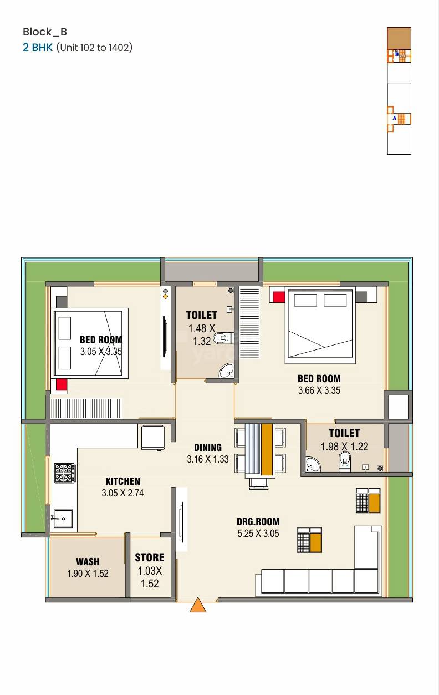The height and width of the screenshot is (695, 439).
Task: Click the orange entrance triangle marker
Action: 198,605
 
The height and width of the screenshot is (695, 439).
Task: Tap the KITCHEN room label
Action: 122,481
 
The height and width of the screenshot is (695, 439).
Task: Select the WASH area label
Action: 88,562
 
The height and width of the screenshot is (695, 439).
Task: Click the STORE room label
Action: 150,557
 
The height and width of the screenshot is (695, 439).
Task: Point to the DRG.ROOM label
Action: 258,521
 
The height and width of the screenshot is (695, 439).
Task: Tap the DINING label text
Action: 208,447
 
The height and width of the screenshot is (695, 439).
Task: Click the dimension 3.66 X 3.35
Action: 319,390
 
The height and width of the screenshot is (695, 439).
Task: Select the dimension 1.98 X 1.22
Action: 344,446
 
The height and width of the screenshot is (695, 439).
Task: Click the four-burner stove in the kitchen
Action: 64,473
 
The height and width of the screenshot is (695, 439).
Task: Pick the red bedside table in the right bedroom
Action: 278,297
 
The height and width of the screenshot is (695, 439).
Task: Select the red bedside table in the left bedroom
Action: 61,385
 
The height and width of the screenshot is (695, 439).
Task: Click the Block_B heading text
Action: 45,32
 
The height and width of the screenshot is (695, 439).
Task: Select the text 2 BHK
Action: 38,47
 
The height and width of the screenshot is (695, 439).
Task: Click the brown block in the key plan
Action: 399,38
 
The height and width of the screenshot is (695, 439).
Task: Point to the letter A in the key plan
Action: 395,118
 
